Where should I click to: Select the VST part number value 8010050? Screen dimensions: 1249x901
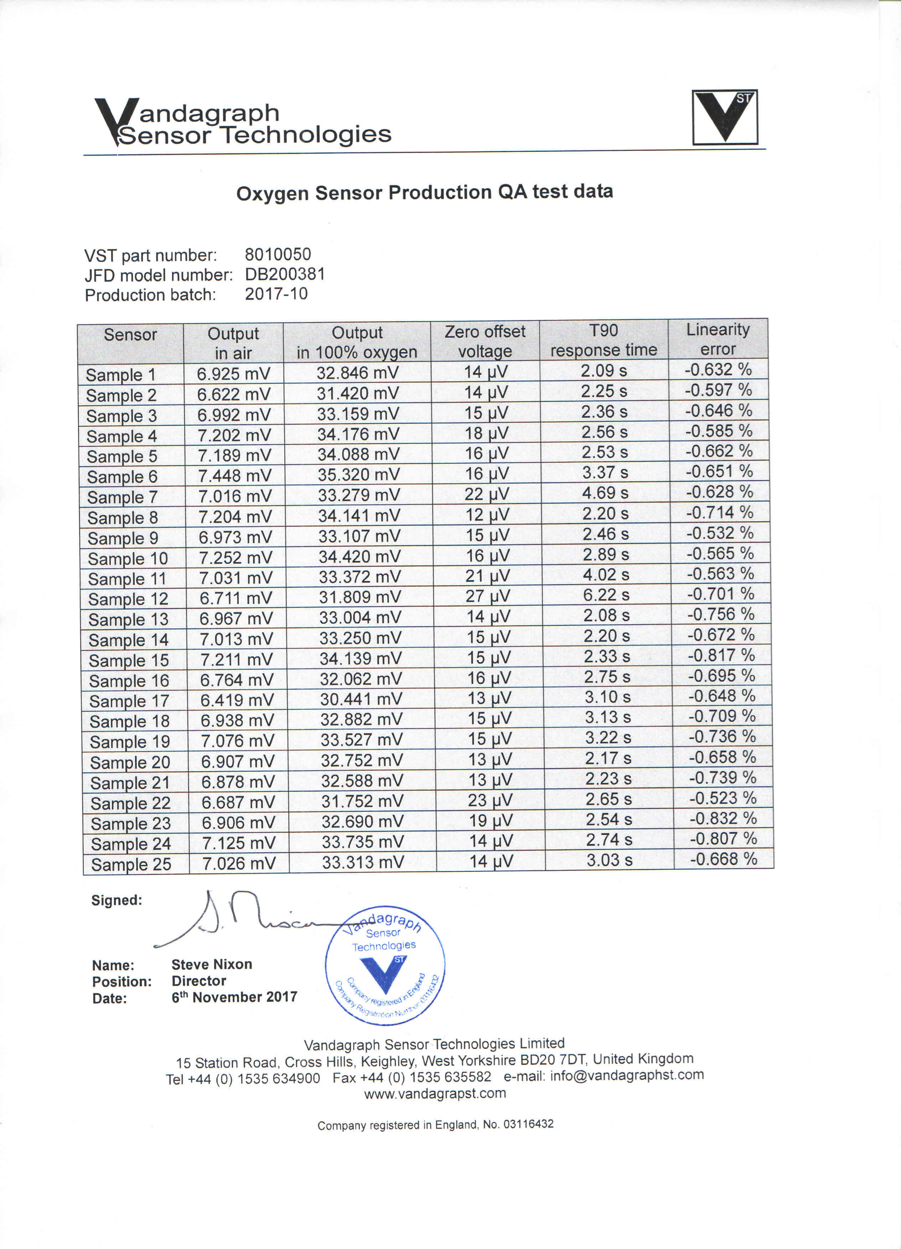tap(278, 255)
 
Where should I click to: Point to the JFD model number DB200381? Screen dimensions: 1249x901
tap(285, 274)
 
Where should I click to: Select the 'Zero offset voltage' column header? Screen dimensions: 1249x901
tap(485, 341)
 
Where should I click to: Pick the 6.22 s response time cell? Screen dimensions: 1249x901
tap(606, 595)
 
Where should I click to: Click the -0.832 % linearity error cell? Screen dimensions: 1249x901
tap(722, 818)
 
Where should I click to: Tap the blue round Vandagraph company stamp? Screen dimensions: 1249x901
tap(385, 966)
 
